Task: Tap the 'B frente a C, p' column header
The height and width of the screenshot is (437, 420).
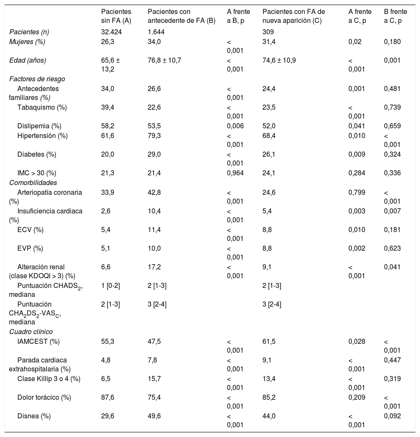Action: click(392, 16)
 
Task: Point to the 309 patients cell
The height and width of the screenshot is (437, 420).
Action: click(268, 32)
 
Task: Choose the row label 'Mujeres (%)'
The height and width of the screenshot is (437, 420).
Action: click(27, 41)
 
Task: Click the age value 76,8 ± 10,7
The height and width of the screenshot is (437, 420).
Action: click(164, 60)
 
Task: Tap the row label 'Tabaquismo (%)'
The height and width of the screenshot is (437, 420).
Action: click(42, 107)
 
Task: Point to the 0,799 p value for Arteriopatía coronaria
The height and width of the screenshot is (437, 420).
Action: click(356, 192)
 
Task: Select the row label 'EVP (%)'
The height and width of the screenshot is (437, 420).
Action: click(31, 248)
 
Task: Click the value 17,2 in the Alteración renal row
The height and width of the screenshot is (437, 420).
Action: click(154, 267)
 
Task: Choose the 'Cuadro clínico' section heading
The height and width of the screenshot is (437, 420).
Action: click(31, 332)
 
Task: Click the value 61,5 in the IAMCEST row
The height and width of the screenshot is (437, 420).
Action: click(268, 341)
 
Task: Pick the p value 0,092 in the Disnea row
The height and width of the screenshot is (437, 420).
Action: click(392, 416)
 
